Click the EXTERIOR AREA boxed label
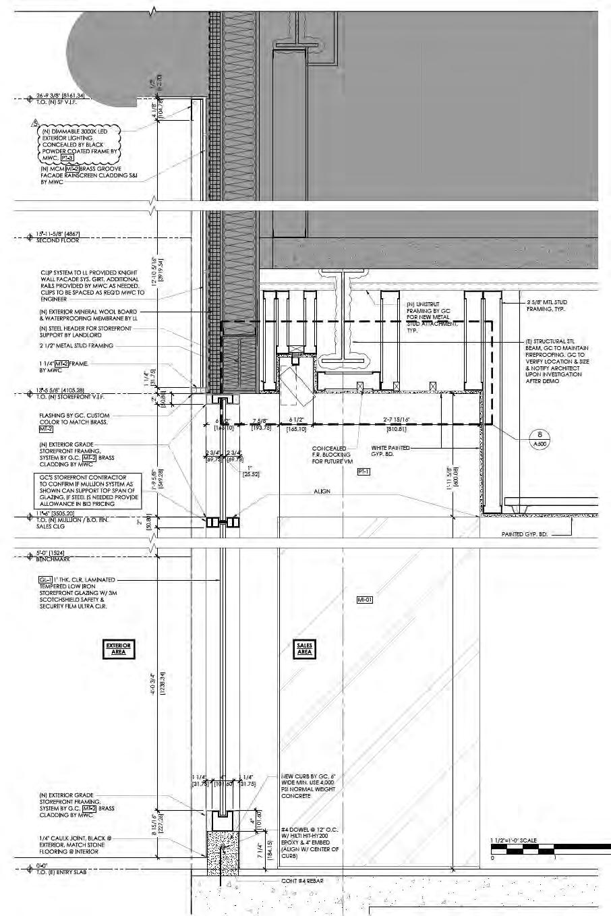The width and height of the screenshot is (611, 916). tap(118, 649)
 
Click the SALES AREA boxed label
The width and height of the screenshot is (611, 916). tap(304, 649)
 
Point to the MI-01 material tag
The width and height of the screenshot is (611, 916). tap(365, 599)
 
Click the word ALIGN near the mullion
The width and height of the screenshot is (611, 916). tap(322, 491)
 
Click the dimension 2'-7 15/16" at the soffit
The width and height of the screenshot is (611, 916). tap(397, 420)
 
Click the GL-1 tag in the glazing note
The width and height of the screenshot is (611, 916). tap(46, 579)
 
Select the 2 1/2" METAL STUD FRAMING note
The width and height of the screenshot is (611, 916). tap(76, 345)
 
